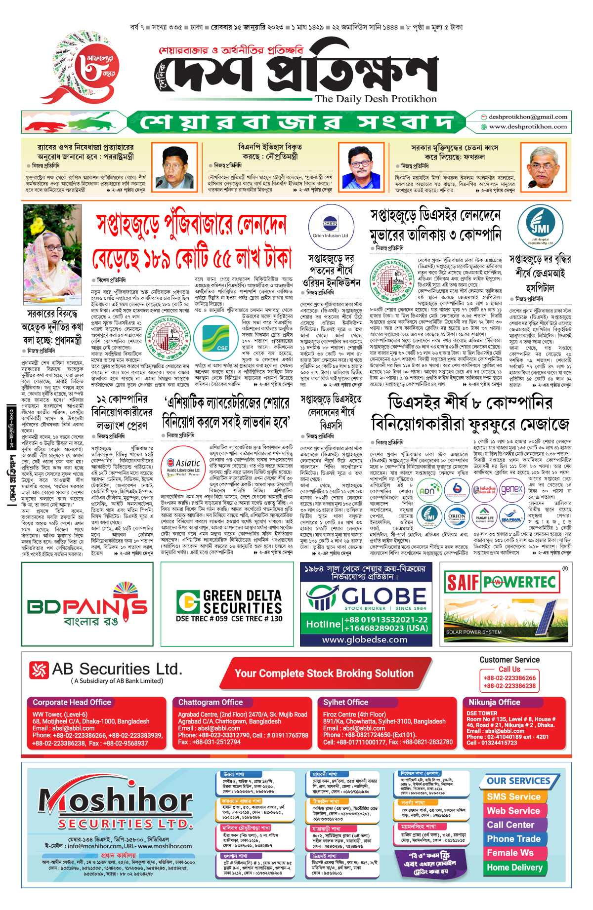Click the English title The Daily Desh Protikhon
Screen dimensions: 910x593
376,99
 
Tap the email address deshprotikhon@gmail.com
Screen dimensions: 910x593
527,117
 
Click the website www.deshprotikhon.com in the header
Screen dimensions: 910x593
527,127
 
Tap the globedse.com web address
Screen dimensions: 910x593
365,639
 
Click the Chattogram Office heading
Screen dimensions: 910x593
211,702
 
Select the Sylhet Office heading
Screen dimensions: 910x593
345,702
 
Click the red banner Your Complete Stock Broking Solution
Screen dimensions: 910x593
324,673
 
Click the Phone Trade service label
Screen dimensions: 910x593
513,839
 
